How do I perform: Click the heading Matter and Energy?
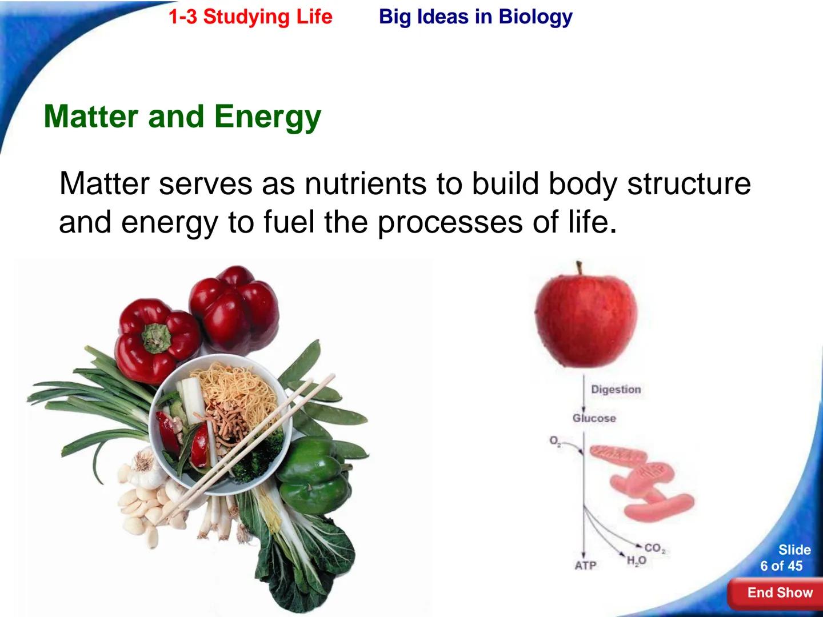tap(182, 117)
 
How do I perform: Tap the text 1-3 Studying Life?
tap(250, 17)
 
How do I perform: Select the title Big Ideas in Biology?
tap(475, 17)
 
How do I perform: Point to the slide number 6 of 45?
tap(781, 566)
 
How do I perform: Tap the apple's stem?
tap(579, 268)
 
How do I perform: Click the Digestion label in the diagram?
tap(616, 390)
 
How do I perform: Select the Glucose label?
tap(594, 418)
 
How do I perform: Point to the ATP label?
tap(585, 565)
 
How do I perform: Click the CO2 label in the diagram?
tap(655, 549)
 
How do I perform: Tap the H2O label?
tap(636, 561)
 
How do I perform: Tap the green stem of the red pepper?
tap(156, 337)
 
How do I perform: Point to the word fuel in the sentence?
tap(289, 222)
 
